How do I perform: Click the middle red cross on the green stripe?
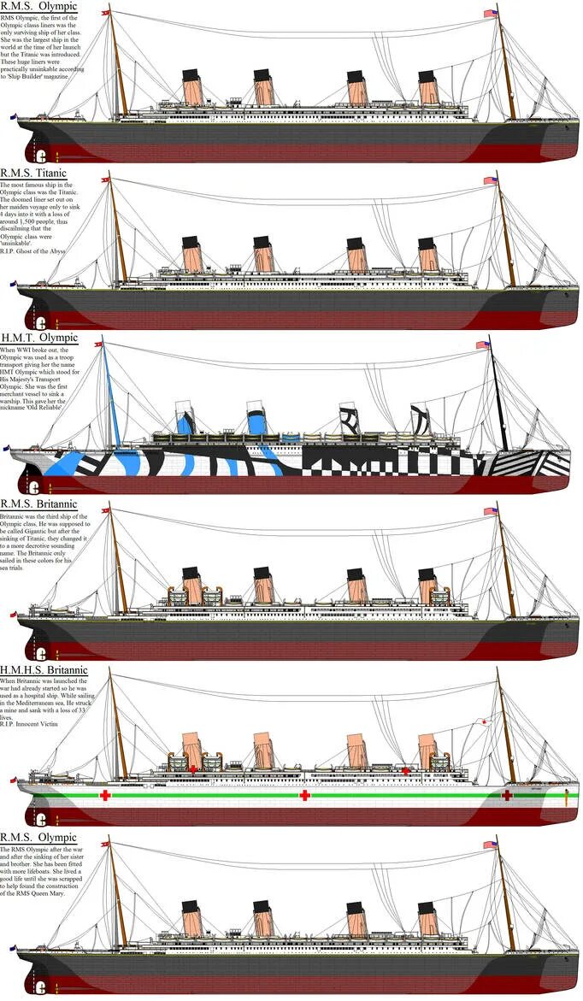[304, 796]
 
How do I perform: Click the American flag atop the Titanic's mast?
[491, 180]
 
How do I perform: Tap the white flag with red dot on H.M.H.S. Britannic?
[484, 722]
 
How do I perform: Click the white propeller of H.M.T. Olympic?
[34, 486]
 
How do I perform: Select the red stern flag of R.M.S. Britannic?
[10, 614]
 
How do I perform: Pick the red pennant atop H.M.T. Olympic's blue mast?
[98, 344]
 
